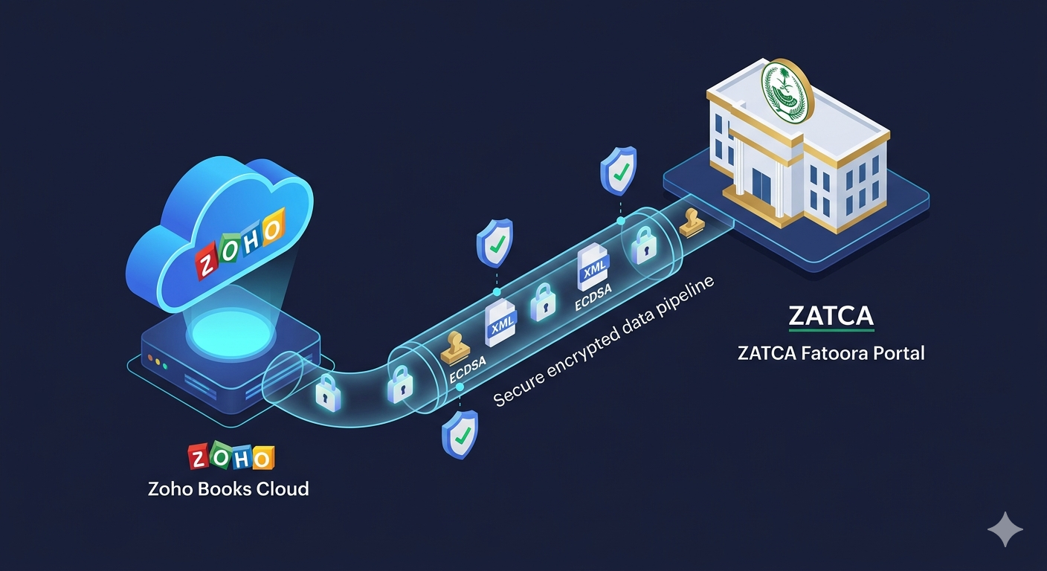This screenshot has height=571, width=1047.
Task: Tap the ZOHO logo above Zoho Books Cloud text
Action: click(231, 457)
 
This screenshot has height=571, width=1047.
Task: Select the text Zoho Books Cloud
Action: click(228, 489)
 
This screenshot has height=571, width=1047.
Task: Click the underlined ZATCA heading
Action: click(831, 315)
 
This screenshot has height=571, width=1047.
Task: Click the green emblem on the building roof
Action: click(785, 91)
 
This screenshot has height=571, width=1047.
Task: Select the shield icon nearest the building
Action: click(619, 170)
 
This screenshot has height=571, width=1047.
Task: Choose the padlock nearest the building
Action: click(644, 245)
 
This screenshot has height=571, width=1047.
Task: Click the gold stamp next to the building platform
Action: click(692, 222)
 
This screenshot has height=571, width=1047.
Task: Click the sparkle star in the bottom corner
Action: click(1005, 529)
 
